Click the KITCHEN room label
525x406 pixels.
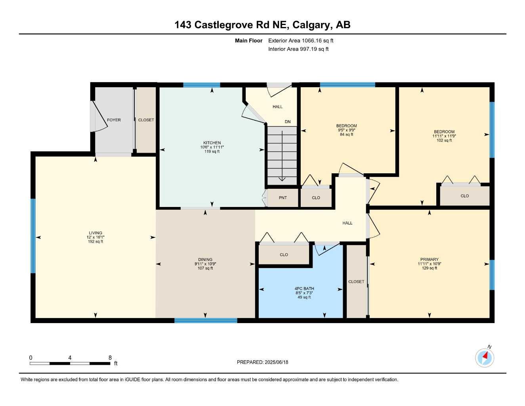tap(212, 143)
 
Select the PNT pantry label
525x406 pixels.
tap(283, 198)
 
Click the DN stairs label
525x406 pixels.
tap(288, 122)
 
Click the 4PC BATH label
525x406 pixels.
tap(304, 289)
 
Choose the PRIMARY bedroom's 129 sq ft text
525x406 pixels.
tap(430, 268)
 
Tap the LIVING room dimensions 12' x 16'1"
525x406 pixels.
tap(95, 237)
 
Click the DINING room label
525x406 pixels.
tap(205, 260)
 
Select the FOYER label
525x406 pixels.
tap(114, 120)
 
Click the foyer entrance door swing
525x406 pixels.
tap(99, 117)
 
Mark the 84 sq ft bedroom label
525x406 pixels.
tap(347, 134)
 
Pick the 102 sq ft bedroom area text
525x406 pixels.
tap(444, 140)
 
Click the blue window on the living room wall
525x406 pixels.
tap(33, 236)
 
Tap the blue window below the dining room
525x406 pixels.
tap(206, 320)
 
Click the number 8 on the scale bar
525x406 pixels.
tap(110, 358)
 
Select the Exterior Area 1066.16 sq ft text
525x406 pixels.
tap(301, 40)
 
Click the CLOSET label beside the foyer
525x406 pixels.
tap(146, 120)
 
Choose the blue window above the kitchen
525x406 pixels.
tap(201, 85)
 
